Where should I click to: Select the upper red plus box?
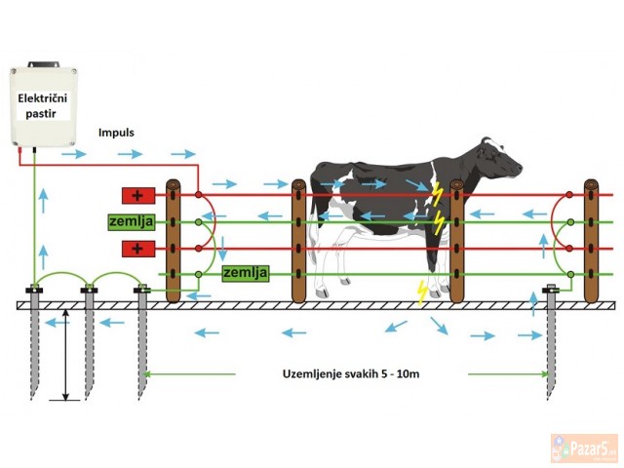click(x=137, y=195)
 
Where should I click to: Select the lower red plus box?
click(x=137, y=249)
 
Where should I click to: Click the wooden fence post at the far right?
click(x=591, y=239)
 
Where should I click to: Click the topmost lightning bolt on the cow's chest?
click(x=437, y=192)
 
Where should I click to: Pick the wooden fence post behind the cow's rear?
click(x=298, y=240)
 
